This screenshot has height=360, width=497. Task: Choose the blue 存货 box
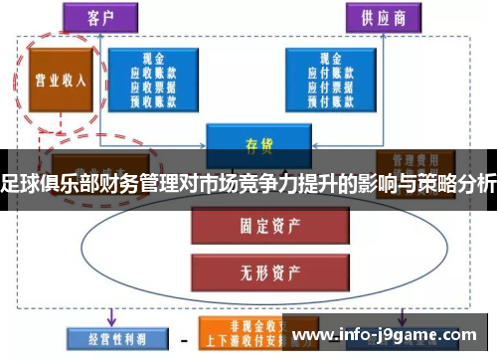257,141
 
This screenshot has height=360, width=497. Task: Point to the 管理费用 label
410,158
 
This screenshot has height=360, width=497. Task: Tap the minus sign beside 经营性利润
184,340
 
